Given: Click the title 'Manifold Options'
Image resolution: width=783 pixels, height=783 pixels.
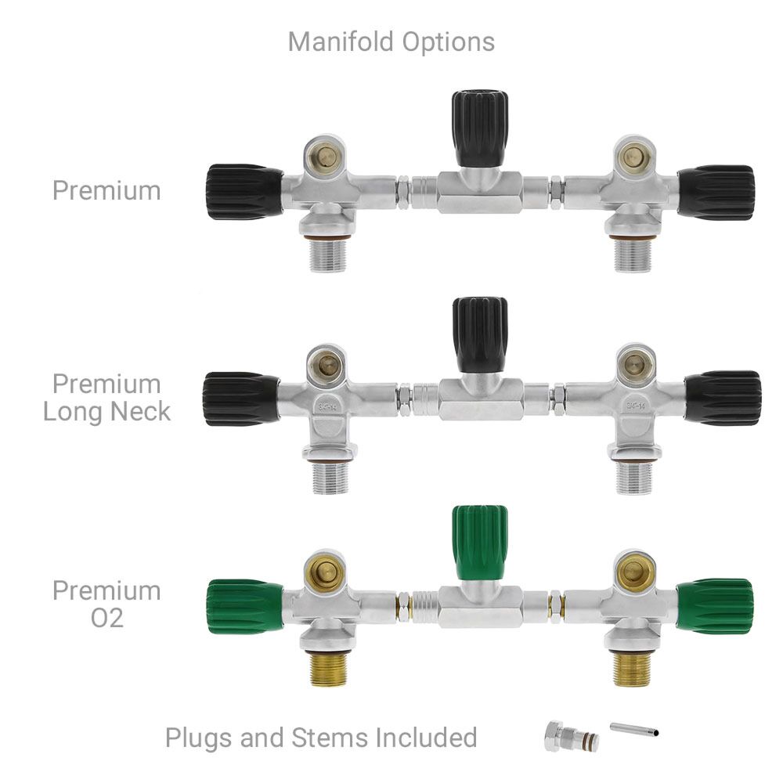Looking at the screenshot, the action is tap(391, 42).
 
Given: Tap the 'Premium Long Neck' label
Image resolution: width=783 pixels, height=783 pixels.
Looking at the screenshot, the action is tap(106, 398).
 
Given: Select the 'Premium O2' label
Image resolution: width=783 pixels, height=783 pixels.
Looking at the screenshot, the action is tap(106, 604).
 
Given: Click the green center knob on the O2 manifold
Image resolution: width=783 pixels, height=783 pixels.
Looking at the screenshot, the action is tap(480, 543).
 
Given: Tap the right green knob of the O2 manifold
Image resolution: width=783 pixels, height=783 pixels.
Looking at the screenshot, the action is tap(715, 607).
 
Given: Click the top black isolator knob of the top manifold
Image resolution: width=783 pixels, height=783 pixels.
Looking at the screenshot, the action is tap(480, 128).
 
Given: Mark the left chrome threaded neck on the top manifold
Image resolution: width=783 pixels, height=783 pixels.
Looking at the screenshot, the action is tap(328, 255).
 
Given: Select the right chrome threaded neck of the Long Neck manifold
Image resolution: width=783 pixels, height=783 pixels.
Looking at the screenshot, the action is tap(633, 478).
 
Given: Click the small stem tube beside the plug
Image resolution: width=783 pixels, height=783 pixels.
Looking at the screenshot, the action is tap(634, 729).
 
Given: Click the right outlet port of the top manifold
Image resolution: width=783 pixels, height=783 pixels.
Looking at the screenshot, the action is tap(634, 157).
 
